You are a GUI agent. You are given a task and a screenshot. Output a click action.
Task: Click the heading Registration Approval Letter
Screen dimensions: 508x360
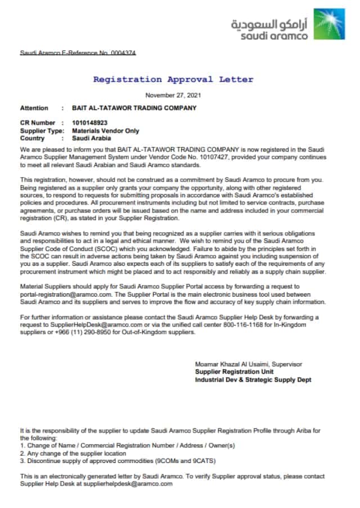pos(173,79)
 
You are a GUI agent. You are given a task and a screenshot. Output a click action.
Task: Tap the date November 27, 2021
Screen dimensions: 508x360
pos(173,95)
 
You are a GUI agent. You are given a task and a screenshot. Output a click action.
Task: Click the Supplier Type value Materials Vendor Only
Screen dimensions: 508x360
pos(106,130)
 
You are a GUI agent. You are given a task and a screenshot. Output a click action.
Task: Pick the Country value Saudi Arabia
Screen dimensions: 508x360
pos(92,138)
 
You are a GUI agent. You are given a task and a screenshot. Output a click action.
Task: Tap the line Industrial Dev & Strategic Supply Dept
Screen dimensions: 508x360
pos(253,380)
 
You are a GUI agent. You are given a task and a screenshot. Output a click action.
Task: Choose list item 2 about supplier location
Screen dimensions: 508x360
pos(73,453)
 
